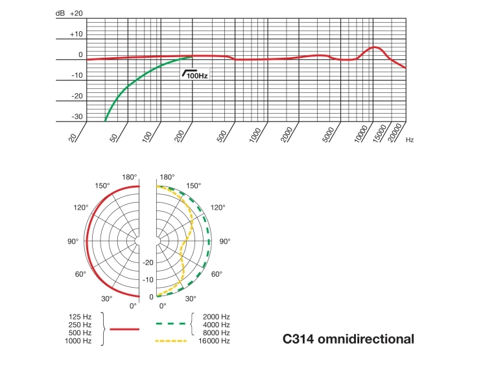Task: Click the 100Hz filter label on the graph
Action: point(196,75)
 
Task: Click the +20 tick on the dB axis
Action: point(76,14)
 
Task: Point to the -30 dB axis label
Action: point(76,117)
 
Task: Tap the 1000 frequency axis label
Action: point(254,136)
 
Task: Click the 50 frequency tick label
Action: point(114,136)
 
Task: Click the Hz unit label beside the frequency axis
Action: point(410,140)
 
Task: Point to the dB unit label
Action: point(60,14)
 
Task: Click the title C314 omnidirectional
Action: point(348,339)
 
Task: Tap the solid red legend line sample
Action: point(124,329)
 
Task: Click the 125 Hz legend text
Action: point(80,316)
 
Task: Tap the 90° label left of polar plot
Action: point(73,241)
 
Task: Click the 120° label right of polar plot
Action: point(218,208)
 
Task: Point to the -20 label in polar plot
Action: point(148,262)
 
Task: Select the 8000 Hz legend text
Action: point(216,333)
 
